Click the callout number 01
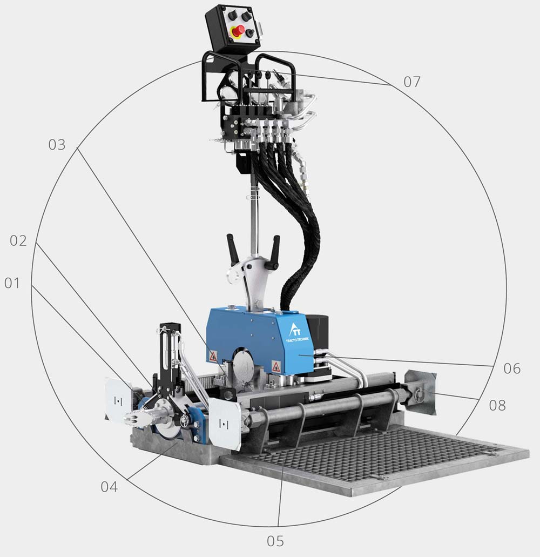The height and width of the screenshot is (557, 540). (12, 284)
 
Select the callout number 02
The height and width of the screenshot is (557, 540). (18, 241)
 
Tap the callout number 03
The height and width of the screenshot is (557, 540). (57, 145)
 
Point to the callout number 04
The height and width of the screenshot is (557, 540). (109, 487)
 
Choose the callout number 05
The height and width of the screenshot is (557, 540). (275, 541)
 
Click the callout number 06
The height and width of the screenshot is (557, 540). (512, 369)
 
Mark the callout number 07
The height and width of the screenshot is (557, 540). (412, 82)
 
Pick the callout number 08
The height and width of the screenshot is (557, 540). (497, 405)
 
